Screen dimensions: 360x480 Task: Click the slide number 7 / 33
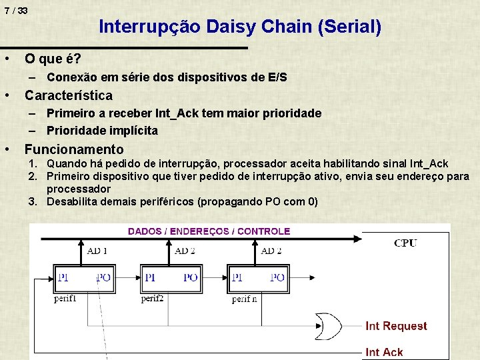click(15, 11)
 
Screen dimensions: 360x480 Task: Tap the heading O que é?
click(53, 59)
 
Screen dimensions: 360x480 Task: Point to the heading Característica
click(69, 95)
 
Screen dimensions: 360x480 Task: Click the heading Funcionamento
click(74, 149)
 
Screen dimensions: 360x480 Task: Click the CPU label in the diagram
click(405, 243)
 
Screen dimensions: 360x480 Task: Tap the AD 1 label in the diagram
click(97, 251)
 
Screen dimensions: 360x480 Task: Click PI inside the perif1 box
click(63, 277)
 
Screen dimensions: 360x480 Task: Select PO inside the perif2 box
click(191, 277)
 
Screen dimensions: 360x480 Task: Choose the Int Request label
click(396, 326)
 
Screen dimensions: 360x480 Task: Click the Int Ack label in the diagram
click(384, 351)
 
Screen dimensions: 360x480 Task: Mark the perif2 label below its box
click(152, 299)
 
